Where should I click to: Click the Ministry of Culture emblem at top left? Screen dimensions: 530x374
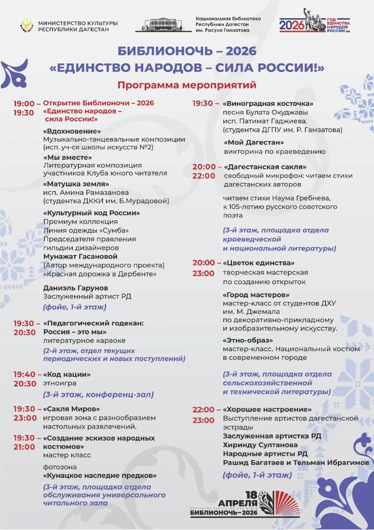coord(27,26)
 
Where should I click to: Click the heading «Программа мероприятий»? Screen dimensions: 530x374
coord(187,85)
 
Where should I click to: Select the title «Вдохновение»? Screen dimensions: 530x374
coord(72,131)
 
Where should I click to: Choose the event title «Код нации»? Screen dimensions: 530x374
coord(67,374)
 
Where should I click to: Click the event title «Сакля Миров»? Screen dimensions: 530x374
coord(71,409)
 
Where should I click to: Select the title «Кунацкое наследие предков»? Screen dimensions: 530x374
coord(100,475)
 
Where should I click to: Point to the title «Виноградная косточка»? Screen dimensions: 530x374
coord(268,104)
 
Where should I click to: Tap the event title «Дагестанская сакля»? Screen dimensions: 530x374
coord(265,167)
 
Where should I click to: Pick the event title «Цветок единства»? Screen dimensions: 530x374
coord(259,263)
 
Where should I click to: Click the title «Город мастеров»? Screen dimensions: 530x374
coord(256,295)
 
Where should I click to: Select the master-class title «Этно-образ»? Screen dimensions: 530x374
coord(248,340)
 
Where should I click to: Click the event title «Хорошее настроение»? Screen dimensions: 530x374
coord(267,410)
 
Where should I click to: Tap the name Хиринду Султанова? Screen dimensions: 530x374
coord(260,445)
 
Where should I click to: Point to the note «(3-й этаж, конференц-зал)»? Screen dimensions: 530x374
coord(98,395)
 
